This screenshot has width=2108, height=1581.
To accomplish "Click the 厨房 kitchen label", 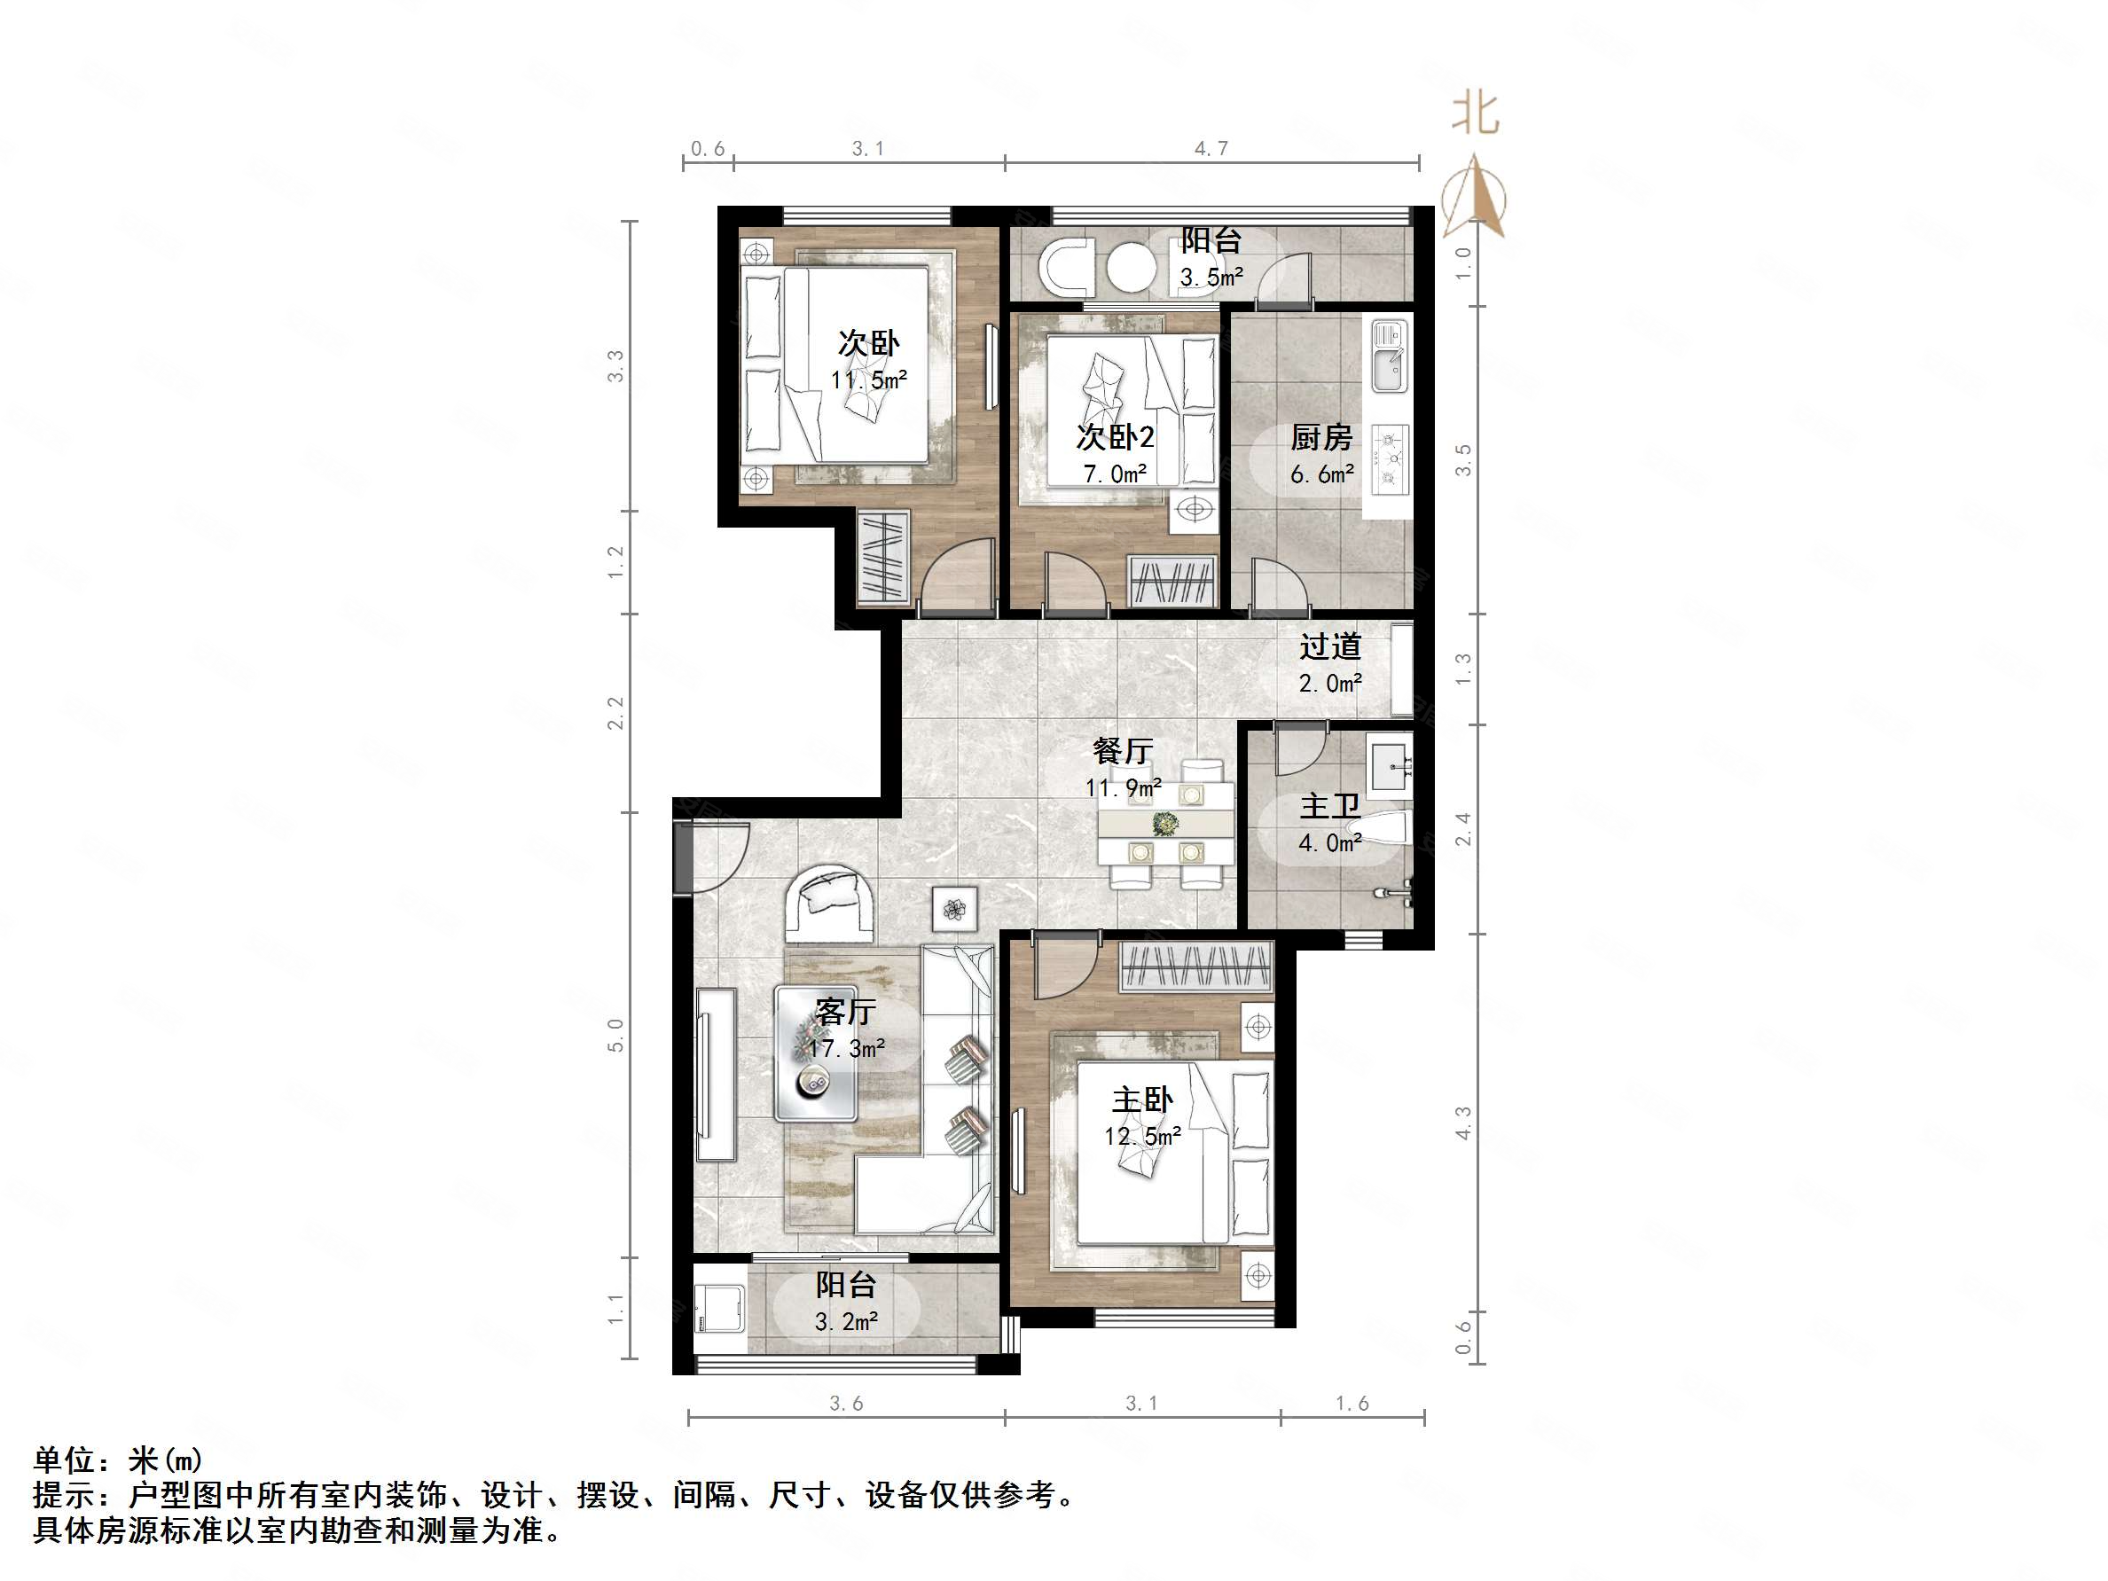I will point(1320,437).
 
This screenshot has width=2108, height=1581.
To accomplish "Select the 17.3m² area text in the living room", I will point(846,1048).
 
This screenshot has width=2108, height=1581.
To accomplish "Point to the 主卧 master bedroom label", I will point(1141,1100).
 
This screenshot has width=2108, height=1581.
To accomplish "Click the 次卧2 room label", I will point(1115,436).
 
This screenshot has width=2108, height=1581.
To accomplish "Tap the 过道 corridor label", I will point(1329,647).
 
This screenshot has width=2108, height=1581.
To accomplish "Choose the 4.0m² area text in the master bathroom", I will point(1329,843).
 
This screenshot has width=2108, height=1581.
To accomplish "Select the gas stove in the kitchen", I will point(1391,460).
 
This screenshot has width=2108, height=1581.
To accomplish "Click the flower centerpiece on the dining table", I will point(1164,823).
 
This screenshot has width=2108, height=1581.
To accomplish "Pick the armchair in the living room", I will point(828,900).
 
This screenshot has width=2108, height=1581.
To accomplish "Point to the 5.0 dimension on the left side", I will point(615,1036).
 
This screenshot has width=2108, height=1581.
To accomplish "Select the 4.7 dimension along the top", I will point(1211,149).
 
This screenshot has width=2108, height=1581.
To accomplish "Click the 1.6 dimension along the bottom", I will point(1352,1404).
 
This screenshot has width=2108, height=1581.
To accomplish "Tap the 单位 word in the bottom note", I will point(64,1460).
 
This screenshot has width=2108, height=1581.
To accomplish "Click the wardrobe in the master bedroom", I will point(1196,967).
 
